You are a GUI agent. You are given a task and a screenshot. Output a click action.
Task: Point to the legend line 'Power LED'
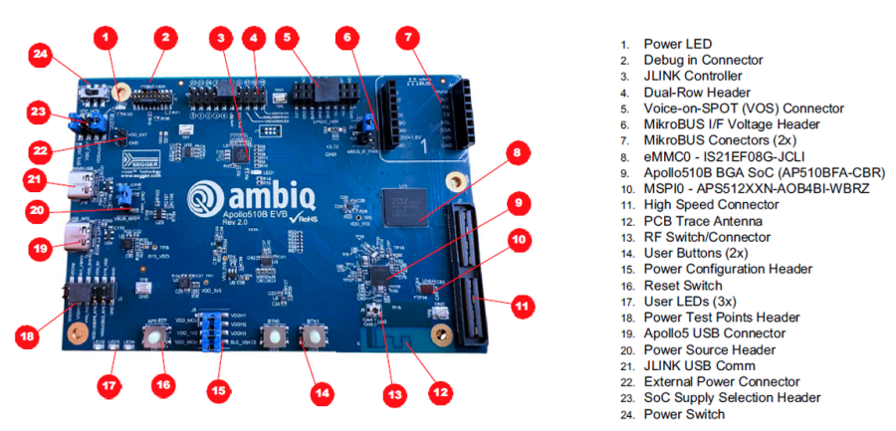tap(677, 44)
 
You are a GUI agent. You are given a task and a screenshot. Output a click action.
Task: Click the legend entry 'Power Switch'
tap(685, 414)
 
